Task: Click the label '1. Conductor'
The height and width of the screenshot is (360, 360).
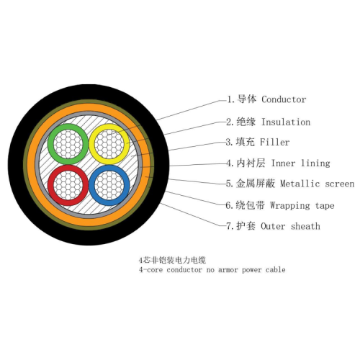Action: click(x=266, y=99)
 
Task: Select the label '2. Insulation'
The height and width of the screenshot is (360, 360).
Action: click(x=268, y=122)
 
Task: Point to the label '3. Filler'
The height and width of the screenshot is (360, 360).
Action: click(x=258, y=142)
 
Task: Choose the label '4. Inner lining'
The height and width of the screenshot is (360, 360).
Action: click(x=278, y=163)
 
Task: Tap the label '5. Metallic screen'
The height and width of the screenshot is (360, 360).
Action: click(x=290, y=184)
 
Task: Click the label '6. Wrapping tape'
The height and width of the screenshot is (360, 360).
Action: click(x=280, y=205)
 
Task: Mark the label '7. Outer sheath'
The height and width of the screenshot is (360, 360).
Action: click(x=273, y=226)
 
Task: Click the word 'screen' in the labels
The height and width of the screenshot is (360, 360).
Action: click(x=340, y=184)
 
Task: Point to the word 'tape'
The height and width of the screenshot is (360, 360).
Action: click(x=325, y=206)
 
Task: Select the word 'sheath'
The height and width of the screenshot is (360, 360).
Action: click(x=305, y=226)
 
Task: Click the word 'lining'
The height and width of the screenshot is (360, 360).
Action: click(x=315, y=163)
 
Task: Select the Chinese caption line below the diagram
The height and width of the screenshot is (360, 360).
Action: click(x=172, y=260)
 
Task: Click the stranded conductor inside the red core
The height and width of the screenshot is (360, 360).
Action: click(x=68, y=185)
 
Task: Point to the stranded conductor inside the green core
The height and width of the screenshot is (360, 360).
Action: click(x=68, y=144)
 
